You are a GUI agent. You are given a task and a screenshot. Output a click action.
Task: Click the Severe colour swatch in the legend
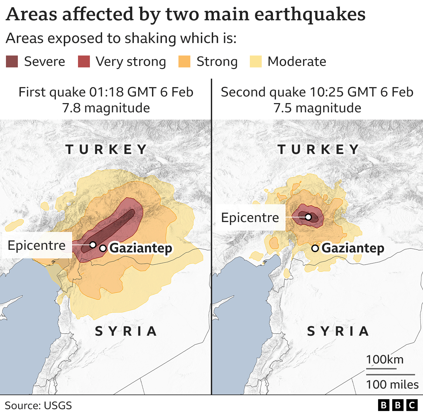[12, 62]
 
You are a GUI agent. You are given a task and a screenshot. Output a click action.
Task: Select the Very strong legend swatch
[84, 62]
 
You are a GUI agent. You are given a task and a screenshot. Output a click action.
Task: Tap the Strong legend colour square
[184, 62]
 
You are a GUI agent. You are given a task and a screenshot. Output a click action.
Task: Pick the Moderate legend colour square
[255, 62]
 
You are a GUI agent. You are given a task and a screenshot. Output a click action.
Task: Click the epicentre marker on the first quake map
[93, 245]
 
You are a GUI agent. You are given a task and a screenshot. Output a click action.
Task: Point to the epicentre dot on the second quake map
[308, 217]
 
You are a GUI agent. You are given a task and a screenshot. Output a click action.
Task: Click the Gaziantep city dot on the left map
[103, 248]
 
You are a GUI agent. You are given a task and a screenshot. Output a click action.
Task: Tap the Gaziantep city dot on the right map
[315, 248]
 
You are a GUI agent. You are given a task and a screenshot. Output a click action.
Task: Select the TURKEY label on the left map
[106, 149]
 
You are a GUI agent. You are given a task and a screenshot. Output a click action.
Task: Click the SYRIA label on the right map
[338, 331]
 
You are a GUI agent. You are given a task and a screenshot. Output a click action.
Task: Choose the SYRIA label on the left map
[126, 331]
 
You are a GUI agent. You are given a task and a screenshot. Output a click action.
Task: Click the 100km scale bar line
[381, 369]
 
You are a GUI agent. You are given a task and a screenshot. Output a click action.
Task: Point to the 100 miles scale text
[392, 385]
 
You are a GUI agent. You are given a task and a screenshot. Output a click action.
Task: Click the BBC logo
[398, 405]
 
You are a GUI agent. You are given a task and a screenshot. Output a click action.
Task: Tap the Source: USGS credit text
[38, 405]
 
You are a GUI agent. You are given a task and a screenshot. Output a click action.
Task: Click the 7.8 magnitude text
[106, 108]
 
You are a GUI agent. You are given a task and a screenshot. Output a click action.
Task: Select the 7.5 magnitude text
[317, 108]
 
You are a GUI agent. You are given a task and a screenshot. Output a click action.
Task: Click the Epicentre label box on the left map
[37, 245]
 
